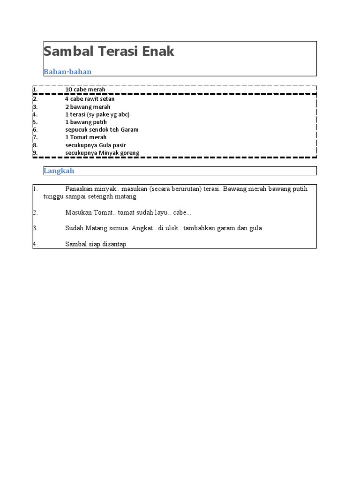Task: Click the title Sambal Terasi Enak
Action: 109,52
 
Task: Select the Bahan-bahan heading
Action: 67,72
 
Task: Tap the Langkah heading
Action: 59,171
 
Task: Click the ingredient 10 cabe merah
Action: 85,90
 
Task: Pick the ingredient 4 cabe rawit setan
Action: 90,99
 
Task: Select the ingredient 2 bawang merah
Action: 88,107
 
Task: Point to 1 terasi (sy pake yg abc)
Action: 97,114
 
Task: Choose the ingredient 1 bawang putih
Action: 86,122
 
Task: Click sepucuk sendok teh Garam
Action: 102,129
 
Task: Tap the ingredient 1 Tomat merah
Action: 86,137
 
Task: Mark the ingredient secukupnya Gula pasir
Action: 96,145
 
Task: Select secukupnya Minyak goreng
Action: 102,153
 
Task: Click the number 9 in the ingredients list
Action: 35,153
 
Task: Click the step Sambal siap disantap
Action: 96,244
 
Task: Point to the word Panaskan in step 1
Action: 78,189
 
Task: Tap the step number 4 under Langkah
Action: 35,244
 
